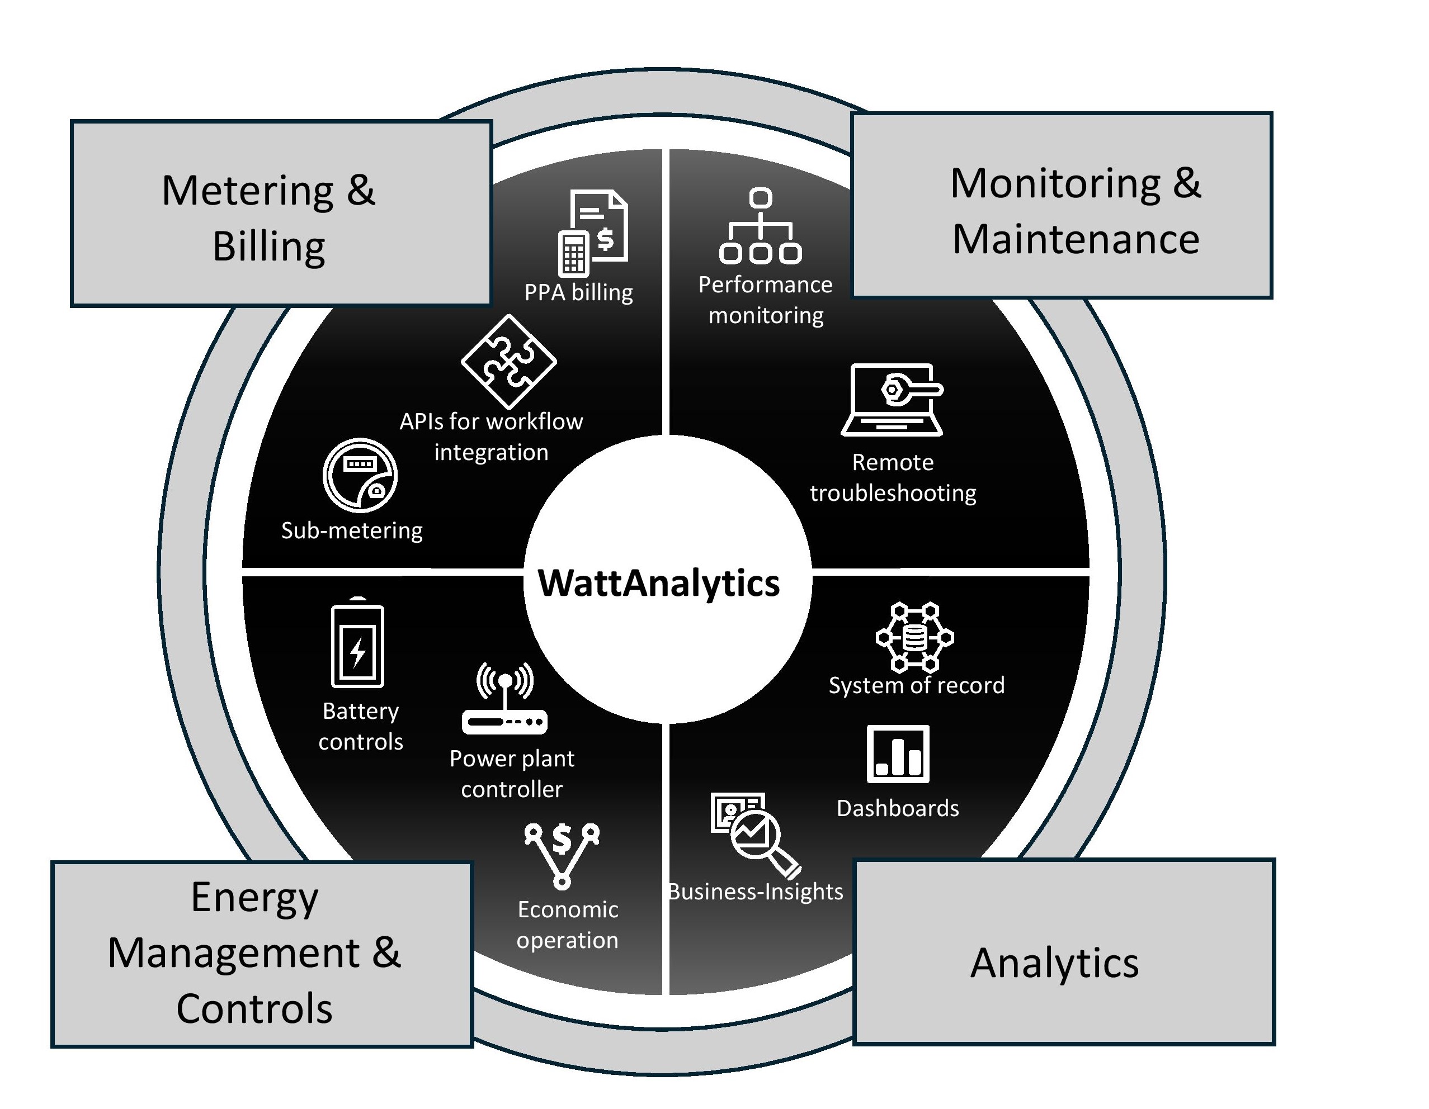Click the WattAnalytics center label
click(658, 582)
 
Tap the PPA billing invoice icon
click(593, 232)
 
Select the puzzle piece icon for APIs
click(508, 361)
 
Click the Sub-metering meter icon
click(360, 475)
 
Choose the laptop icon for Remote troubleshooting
click(893, 400)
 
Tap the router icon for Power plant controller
click(504, 699)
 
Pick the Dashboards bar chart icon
click(898, 753)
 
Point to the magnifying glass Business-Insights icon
click(755, 834)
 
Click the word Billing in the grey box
click(269, 247)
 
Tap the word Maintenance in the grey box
click(1076, 239)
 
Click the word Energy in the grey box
click(254, 897)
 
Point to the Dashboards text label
click(898, 808)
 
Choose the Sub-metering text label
click(352, 530)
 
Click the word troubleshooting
click(893, 493)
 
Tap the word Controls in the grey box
click(254, 1008)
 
